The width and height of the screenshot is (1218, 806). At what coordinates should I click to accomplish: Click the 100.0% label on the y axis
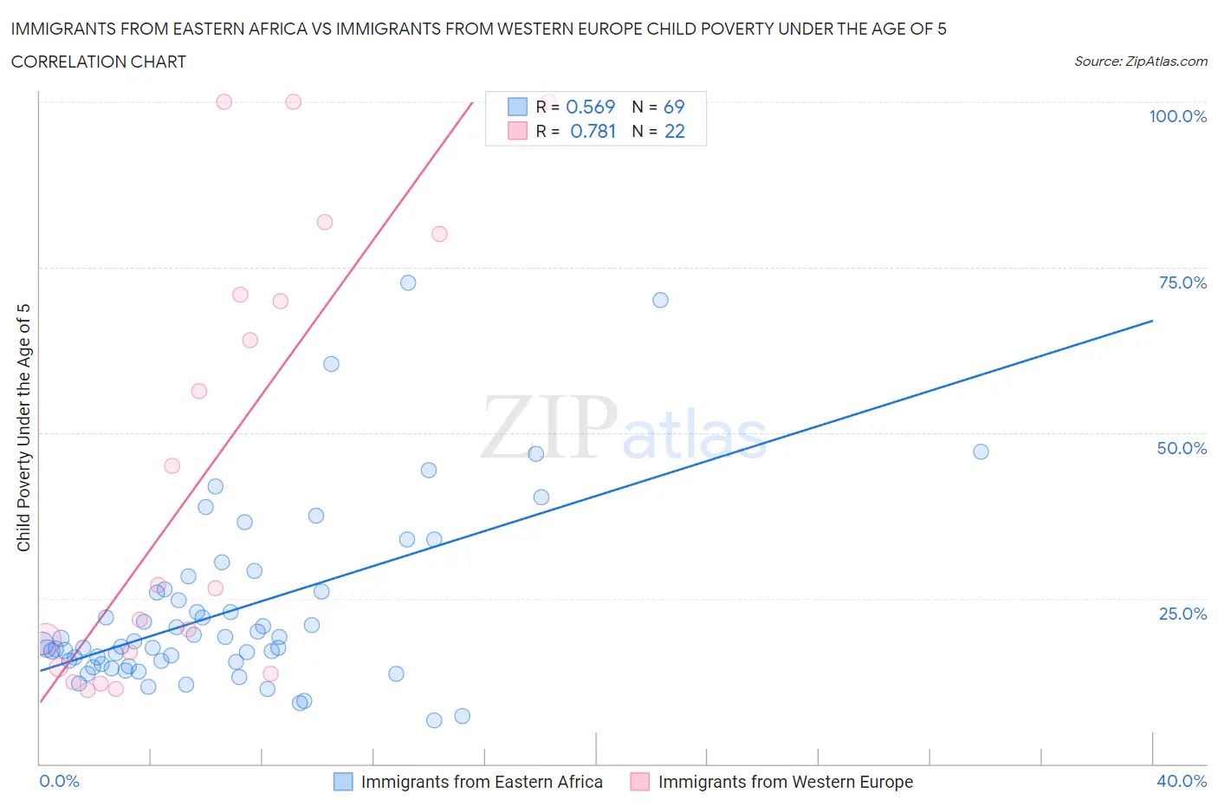[1177, 116]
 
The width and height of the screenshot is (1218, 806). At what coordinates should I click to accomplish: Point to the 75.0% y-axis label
[1182, 283]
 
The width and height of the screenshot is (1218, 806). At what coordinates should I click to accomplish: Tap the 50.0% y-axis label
[1182, 448]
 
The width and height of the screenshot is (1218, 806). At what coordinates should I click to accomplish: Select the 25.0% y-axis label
[1182, 614]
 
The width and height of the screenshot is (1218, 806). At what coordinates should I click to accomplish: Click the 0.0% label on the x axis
[59, 781]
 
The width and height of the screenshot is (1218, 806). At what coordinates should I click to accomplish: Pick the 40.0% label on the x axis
[1182, 781]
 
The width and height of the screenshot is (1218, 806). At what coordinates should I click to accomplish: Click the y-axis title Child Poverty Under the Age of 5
[23, 427]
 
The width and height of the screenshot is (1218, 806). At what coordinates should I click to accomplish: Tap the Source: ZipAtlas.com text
[1140, 62]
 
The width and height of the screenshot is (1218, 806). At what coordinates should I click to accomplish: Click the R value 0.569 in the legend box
[590, 107]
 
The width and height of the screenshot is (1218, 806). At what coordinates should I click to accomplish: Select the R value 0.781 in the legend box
[593, 131]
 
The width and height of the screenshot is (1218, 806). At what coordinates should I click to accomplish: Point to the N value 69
[674, 107]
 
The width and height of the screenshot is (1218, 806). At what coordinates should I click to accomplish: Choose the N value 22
[674, 131]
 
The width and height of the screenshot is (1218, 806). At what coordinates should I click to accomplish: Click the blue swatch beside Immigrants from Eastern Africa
[343, 782]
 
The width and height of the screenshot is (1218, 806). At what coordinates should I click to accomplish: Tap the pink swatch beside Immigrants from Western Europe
[640, 782]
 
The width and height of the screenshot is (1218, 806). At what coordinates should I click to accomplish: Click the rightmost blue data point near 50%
[981, 452]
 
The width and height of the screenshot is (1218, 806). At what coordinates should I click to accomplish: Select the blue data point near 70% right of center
[660, 300]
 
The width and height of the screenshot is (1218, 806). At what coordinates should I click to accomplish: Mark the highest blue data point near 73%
[408, 283]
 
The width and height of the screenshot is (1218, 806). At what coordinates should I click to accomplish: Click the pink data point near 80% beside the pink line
[439, 234]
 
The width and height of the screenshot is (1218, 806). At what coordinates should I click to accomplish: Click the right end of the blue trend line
[1152, 321]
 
